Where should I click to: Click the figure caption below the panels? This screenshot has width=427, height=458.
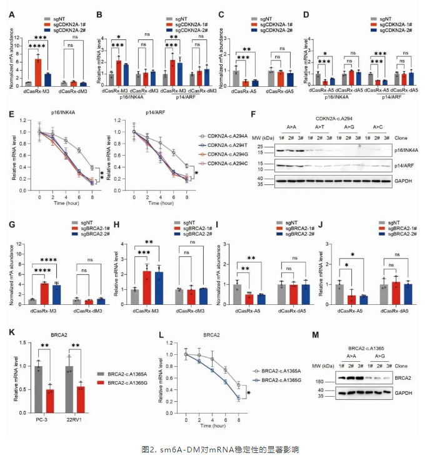(x=214, y=449)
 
